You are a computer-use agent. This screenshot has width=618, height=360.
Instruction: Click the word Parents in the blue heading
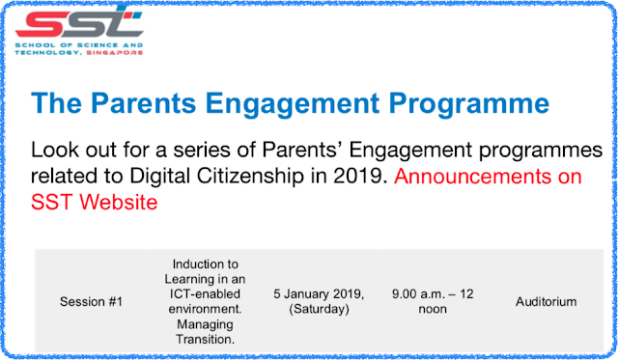144,103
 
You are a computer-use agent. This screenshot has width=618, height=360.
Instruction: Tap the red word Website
119,202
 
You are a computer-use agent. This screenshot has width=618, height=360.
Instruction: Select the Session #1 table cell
91,302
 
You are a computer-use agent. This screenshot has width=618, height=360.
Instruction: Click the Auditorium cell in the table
547,302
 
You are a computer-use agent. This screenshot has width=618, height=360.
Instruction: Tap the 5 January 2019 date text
319,294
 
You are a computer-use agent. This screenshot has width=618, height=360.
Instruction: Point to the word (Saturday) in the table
319,309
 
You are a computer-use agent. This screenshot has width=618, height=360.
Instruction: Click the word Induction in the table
206,263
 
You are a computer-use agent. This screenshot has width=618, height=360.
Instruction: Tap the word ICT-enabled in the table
205,293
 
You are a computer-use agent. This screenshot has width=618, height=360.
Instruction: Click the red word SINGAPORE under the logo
114,53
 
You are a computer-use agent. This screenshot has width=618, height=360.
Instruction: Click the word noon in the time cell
433,309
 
